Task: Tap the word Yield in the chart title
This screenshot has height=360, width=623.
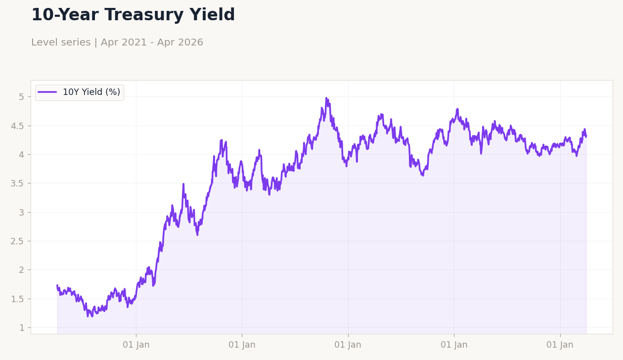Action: tap(212, 15)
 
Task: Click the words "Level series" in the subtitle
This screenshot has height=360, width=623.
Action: tap(61, 43)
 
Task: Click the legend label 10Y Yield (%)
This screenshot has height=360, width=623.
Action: tap(91, 92)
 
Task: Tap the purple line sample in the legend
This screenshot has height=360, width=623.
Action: tap(47, 92)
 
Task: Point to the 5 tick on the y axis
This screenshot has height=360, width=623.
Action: tap(21, 97)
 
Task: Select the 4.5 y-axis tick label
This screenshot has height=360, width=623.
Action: tap(17, 126)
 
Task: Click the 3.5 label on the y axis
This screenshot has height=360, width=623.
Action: tap(17, 183)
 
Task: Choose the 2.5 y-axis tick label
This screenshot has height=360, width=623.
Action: tap(17, 241)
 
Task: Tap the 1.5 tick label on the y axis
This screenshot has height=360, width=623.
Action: tap(17, 299)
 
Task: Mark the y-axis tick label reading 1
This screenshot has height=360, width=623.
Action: tap(21, 328)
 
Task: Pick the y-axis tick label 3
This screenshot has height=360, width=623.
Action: tap(21, 212)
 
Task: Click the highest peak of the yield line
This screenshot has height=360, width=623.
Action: tap(326, 98)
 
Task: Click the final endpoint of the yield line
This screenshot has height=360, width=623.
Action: tap(586, 136)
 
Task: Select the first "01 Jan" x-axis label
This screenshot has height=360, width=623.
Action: tap(136, 345)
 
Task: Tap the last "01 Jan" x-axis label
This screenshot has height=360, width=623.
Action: tap(560, 345)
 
